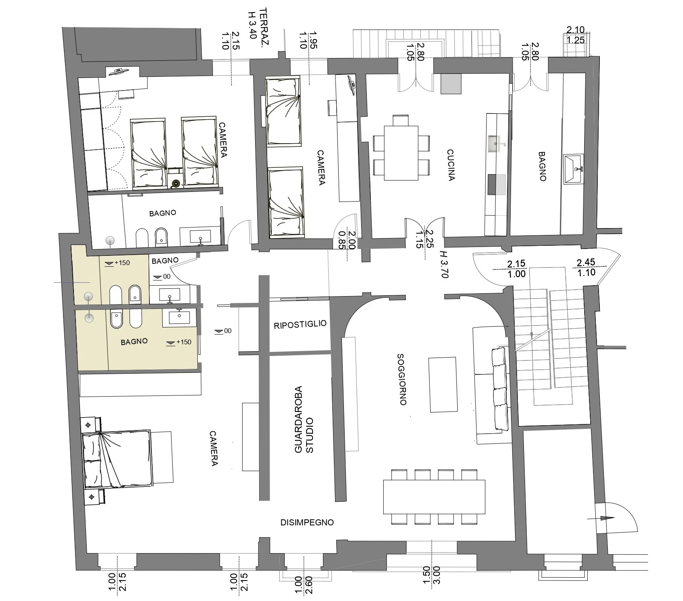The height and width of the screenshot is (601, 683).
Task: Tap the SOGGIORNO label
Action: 402,379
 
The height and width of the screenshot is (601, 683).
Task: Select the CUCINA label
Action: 451,165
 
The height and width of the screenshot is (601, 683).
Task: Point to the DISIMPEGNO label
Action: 307,522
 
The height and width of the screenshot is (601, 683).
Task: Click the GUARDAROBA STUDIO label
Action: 304,420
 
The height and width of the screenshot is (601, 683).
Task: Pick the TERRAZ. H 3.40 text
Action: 258,23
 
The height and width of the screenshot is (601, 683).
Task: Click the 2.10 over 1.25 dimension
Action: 575,35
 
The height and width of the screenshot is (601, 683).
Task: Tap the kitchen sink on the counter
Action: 496,144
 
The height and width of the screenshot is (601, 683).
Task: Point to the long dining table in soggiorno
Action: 434,497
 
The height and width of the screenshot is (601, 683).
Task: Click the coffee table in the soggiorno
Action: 443,385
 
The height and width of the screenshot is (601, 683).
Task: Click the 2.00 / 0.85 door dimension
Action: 347,240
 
